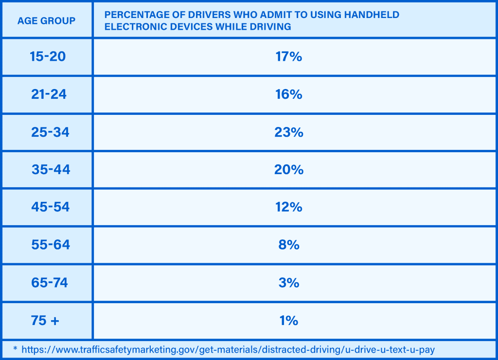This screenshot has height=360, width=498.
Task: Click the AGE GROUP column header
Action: (x=47, y=20)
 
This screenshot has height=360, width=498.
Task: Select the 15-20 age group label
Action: (x=47, y=56)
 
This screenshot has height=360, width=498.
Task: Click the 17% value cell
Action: (x=288, y=56)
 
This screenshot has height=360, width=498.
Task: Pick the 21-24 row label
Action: (x=49, y=94)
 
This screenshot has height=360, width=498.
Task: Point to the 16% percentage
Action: (x=288, y=94)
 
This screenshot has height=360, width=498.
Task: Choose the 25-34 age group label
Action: (x=50, y=132)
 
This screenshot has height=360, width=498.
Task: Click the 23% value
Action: (x=288, y=132)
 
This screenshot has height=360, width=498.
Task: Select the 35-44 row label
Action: (x=51, y=169)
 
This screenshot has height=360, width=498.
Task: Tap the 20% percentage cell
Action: (x=288, y=169)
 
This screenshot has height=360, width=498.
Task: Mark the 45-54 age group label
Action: (x=50, y=207)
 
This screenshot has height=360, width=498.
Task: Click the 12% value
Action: (x=288, y=207)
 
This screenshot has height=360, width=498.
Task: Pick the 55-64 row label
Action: (x=51, y=245)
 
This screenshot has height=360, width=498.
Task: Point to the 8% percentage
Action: (x=288, y=245)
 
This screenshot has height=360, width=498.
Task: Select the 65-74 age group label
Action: (x=49, y=283)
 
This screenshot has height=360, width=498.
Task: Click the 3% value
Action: (x=288, y=283)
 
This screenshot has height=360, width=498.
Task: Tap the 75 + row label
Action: (x=45, y=321)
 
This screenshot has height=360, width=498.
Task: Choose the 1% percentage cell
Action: (x=288, y=321)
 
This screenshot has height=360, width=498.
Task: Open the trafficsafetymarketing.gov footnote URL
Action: (x=228, y=349)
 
